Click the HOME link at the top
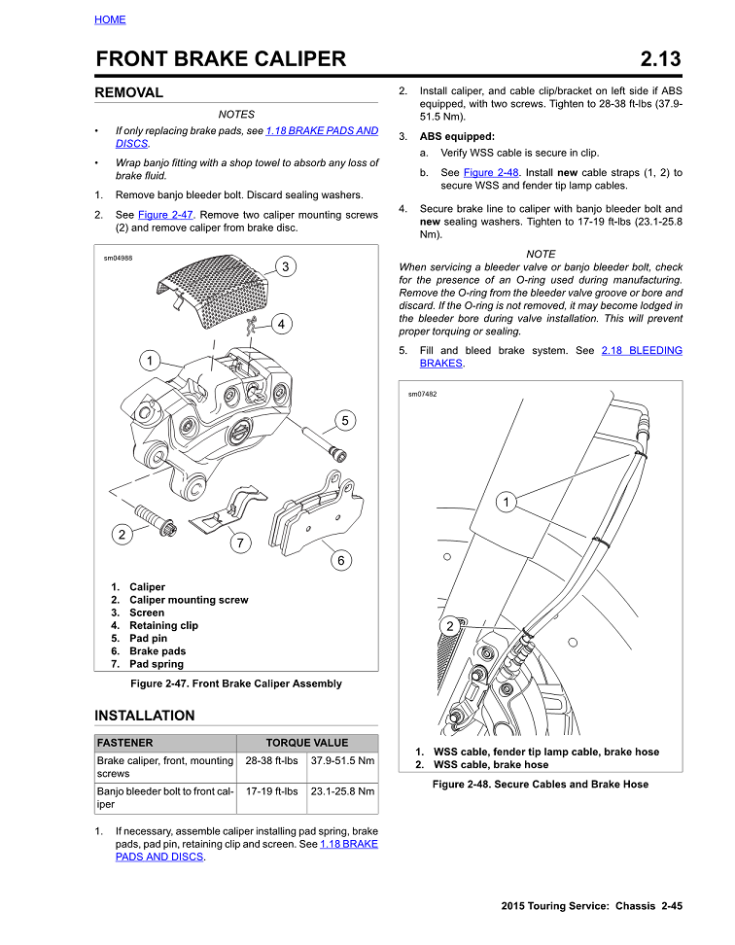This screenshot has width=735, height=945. coord(110,19)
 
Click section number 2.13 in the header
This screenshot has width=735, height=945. coord(661,59)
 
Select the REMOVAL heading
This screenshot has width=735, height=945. coord(128,93)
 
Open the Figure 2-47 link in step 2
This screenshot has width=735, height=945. coord(167,215)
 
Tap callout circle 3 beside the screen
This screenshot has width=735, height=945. coord(285,266)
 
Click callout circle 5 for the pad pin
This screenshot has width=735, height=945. coord(345,421)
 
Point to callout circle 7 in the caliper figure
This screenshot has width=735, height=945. coord(240,543)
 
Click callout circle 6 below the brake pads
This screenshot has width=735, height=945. coord(341,560)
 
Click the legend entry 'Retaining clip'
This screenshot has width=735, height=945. coord(163,626)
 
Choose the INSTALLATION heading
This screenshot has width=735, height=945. coord(144,716)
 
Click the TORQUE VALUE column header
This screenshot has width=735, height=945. coord(306,743)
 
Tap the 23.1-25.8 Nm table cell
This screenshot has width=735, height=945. coord(342,792)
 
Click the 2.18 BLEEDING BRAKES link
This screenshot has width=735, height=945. coord(642,351)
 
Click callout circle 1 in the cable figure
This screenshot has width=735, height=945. coord(506,502)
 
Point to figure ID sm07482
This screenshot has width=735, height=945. coord(422,395)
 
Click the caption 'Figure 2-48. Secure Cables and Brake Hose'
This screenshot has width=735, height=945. coord(541,785)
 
